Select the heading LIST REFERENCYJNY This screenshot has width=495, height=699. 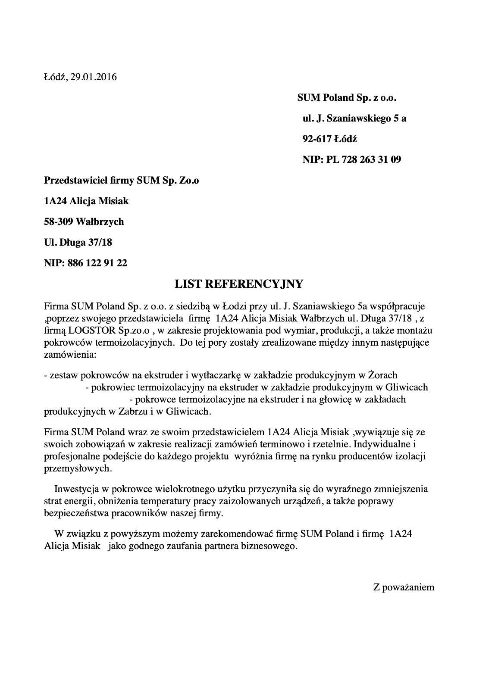239,284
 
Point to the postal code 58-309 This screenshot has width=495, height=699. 59,222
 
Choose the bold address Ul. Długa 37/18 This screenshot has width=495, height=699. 78,243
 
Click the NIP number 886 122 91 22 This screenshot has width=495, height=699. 97,263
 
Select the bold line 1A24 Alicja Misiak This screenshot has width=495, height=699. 86,201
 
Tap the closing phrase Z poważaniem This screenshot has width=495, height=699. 404,587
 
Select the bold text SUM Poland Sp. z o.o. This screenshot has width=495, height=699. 347,98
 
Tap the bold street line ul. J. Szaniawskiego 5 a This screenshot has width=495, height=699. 354,119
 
